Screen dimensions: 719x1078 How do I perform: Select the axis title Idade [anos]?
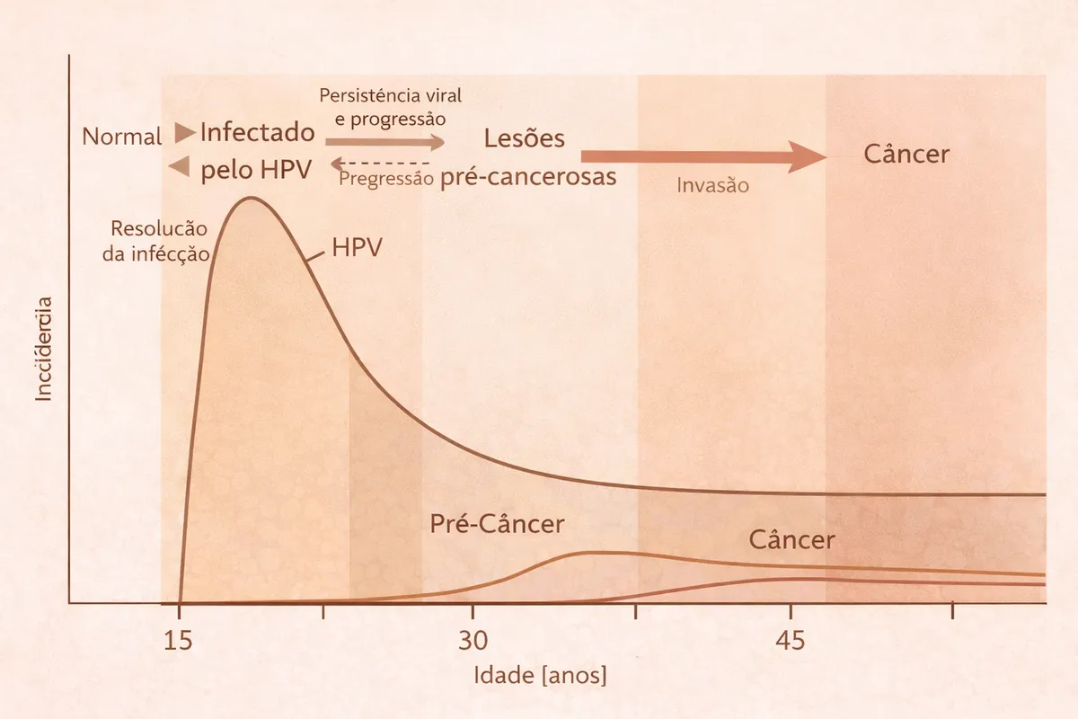click(540, 675)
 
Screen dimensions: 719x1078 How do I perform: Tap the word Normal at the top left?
click(122, 138)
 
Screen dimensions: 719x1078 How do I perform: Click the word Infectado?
click(258, 133)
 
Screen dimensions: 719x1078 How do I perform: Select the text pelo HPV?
click(256, 171)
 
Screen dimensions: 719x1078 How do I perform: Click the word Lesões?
click(525, 138)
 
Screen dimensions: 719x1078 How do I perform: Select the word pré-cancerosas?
click(528, 177)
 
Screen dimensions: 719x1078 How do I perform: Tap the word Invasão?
click(712, 186)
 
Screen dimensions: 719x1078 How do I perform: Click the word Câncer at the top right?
click(906, 154)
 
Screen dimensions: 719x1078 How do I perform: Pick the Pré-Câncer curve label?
click(498, 524)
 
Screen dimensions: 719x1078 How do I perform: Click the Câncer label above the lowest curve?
click(791, 540)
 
